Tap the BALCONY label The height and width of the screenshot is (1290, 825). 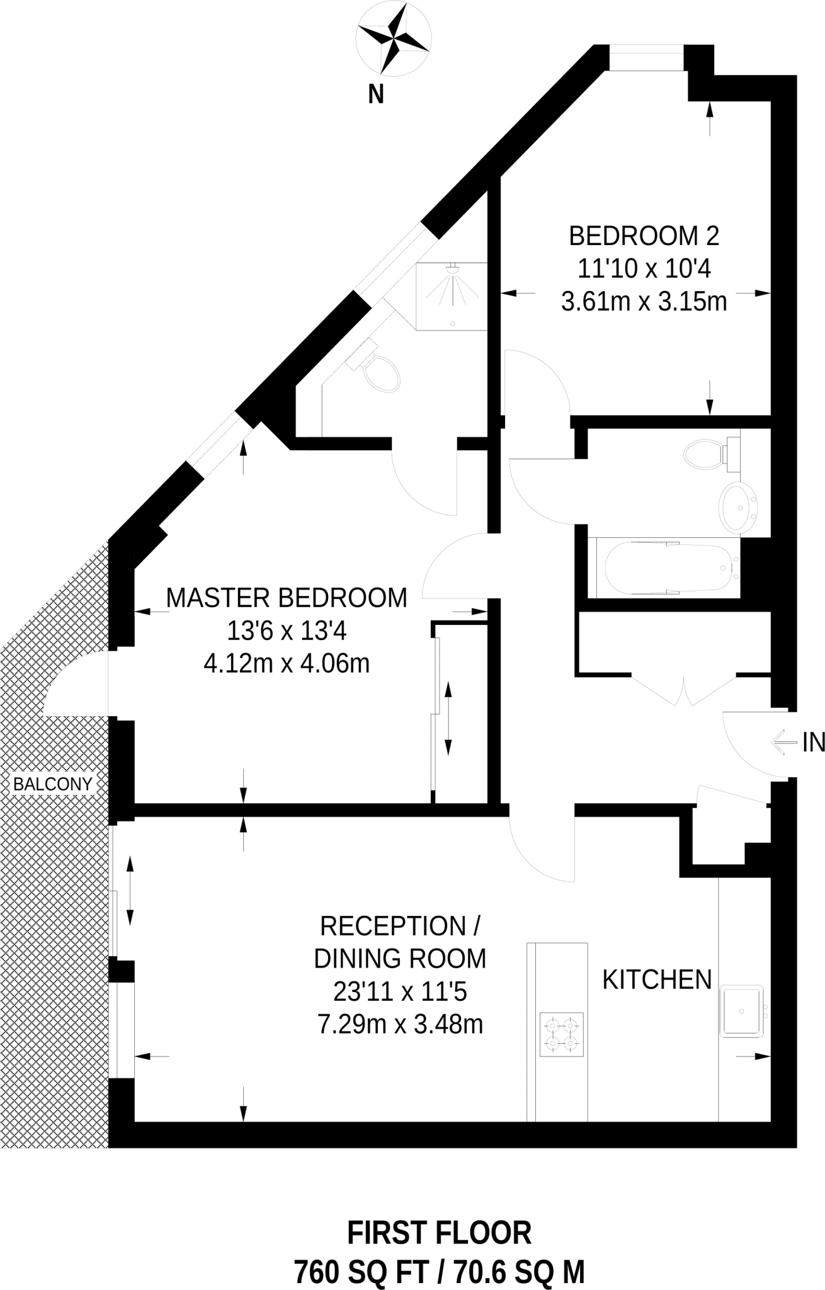tap(53, 784)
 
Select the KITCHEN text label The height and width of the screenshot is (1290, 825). tap(657, 979)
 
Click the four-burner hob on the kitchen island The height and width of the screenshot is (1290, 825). tap(561, 1034)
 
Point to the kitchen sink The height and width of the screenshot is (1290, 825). tap(742, 1011)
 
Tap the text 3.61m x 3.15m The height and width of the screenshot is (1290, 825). tap(644, 302)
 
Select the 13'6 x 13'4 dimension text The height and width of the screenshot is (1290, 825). tap(287, 631)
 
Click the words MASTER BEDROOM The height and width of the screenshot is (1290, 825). tap(287, 598)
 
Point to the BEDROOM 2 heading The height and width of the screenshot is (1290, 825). tap(644, 236)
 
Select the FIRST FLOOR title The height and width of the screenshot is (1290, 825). tap(440, 1233)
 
